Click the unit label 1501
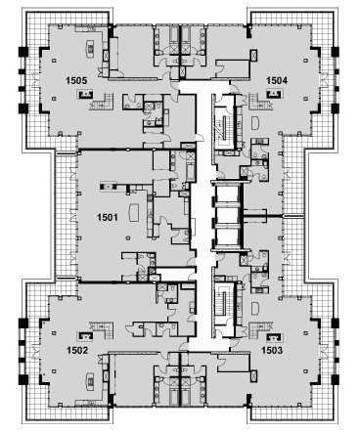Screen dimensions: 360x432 click(x=108, y=217)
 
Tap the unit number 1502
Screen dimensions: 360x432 click(x=77, y=350)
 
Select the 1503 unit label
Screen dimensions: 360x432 click(x=272, y=350)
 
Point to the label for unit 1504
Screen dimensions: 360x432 click(x=277, y=80)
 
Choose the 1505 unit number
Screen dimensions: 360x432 click(x=76, y=80)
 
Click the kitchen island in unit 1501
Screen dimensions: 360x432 click(x=134, y=212)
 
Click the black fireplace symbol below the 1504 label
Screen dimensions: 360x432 click(x=274, y=95)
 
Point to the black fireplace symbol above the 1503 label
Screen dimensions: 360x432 click(x=274, y=335)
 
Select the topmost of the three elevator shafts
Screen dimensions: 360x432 click(x=227, y=194)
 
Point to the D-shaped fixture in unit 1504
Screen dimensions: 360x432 click(x=255, y=123)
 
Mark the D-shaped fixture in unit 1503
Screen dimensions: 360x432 click(x=255, y=308)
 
